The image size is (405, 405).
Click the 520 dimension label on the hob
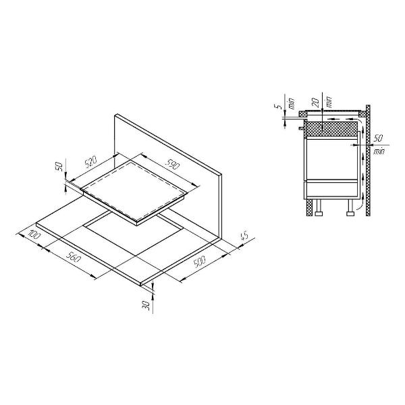coord(90,162)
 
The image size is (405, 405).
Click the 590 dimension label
coord(172,164)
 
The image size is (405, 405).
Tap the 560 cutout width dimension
coord(73,256)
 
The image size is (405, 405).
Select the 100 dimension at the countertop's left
coord(34,234)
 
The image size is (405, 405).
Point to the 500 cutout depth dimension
coord(200,262)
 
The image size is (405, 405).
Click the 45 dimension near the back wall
coord(244,236)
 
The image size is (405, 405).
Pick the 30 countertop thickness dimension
coord(146,306)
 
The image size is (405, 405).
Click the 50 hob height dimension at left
coord(59,167)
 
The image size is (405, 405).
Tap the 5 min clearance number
coord(279,106)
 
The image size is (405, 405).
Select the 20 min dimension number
coord(315,103)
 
